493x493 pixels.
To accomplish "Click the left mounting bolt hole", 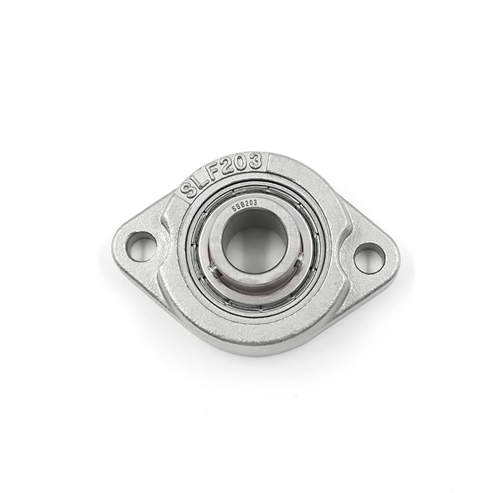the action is pos(141,246).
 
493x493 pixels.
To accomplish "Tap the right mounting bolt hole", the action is pos(370,258).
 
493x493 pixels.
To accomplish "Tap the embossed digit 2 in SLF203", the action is pos(232,166).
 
